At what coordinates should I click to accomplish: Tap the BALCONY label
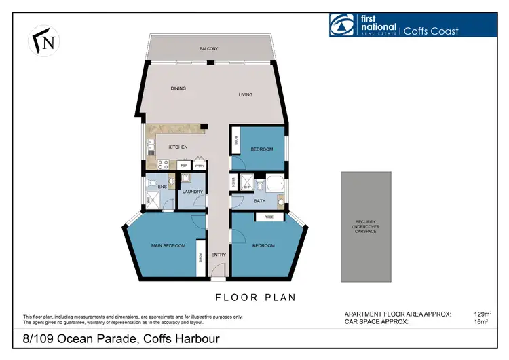208,49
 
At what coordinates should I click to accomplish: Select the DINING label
178,88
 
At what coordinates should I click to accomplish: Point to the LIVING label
245,94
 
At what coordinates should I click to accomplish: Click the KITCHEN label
178,147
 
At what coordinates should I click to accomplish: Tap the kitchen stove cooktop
163,164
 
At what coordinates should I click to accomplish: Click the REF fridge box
184,165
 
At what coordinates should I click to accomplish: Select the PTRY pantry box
200,165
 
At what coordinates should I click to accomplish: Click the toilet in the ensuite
171,181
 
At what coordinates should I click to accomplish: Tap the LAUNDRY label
189,192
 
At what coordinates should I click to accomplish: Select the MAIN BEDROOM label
168,245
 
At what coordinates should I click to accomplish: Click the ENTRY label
218,255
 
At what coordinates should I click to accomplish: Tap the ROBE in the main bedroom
200,257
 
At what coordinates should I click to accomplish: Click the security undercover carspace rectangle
366,226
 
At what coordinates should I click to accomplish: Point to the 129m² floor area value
481,314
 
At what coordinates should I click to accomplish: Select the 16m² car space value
483,322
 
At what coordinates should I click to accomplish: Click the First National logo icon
341,24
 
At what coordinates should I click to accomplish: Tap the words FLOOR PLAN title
255,298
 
